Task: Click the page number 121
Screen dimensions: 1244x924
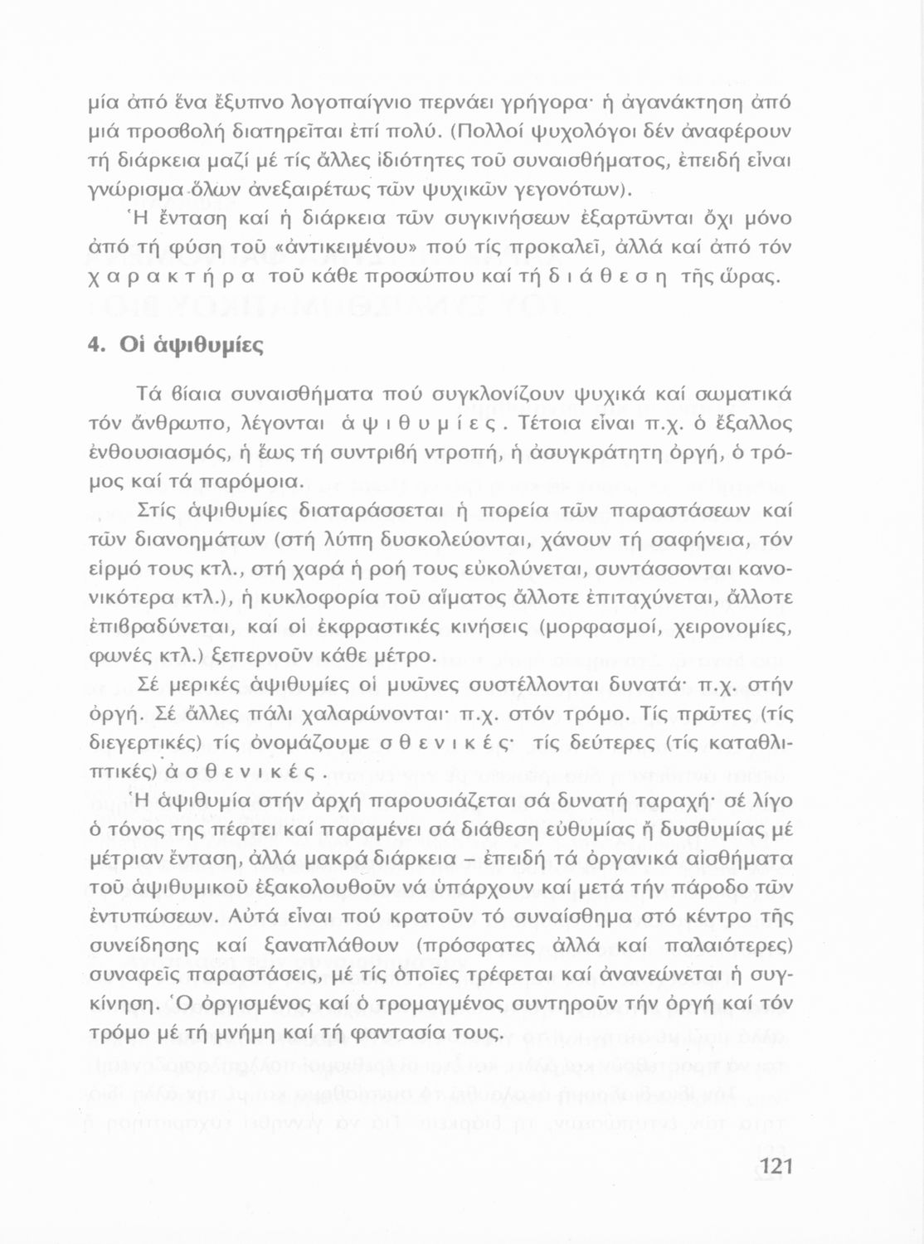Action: (x=776, y=1166)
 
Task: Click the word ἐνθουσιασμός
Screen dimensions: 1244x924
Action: (x=163, y=453)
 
